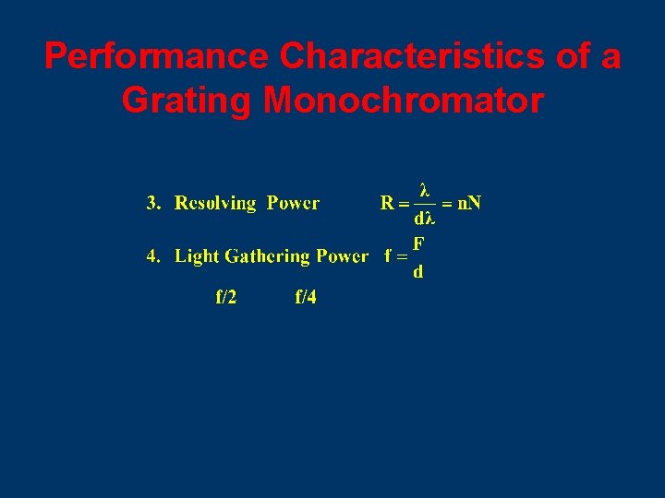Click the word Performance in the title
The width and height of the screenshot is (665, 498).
[x=158, y=57]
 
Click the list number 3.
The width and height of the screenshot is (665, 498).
[x=154, y=203]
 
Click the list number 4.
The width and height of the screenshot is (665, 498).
[x=154, y=256]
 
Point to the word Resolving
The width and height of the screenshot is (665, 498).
[x=215, y=203]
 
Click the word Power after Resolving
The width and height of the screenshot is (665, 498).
[x=294, y=203]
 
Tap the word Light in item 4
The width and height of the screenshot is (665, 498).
[x=198, y=256]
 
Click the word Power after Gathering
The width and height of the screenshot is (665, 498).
[x=342, y=256]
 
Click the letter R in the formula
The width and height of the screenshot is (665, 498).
[x=388, y=203]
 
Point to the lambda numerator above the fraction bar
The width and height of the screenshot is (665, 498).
[x=425, y=190]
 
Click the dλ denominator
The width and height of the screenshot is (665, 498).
[x=425, y=219]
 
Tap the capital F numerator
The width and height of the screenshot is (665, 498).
[x=419, y=243]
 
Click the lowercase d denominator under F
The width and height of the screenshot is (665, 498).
[x=419, y=272]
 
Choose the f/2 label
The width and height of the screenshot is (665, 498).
[x=225, y=297]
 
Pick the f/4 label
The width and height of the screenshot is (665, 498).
[x=306, y=297]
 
